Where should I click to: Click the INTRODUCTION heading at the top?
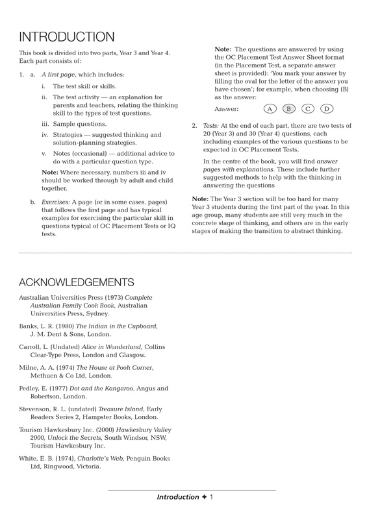click(x=66, y=37)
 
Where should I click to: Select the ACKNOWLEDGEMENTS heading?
click(x=77, y=282)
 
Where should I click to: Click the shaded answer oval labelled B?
click(x=289, y=109)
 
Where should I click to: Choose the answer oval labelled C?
click(x=308, y=109)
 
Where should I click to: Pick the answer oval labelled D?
click(x=327, y=109)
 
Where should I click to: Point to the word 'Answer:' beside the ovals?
click(x=227, y=109)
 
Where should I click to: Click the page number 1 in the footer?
click(x=212, y=497)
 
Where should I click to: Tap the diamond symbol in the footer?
click(x=204, y=497)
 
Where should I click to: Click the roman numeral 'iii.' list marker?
click(x=45, y=124)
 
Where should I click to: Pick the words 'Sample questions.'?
click(x=79, y=124)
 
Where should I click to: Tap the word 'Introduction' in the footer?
click(x=177, y=497)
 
